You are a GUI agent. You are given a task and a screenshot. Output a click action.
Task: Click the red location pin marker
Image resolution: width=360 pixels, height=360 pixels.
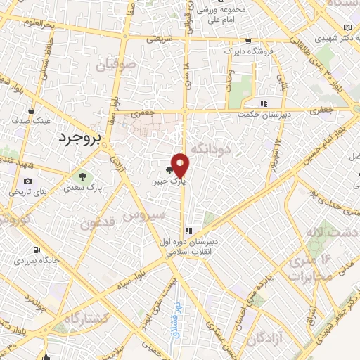click(x=180, y=165)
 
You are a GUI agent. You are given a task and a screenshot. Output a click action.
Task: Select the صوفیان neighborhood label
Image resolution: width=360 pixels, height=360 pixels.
click(x=115, y=67)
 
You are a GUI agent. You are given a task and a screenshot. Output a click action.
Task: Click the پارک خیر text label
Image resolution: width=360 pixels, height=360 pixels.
click(x=171, y=181)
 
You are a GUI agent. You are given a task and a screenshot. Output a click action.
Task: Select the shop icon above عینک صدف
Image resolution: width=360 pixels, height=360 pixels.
click(x=32, y=110)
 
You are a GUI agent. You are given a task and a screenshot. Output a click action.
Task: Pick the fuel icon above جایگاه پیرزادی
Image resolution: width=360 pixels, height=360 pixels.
click(x=37, y=250)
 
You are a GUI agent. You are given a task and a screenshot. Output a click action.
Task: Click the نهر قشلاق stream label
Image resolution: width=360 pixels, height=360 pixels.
click(x=176, y=328)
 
